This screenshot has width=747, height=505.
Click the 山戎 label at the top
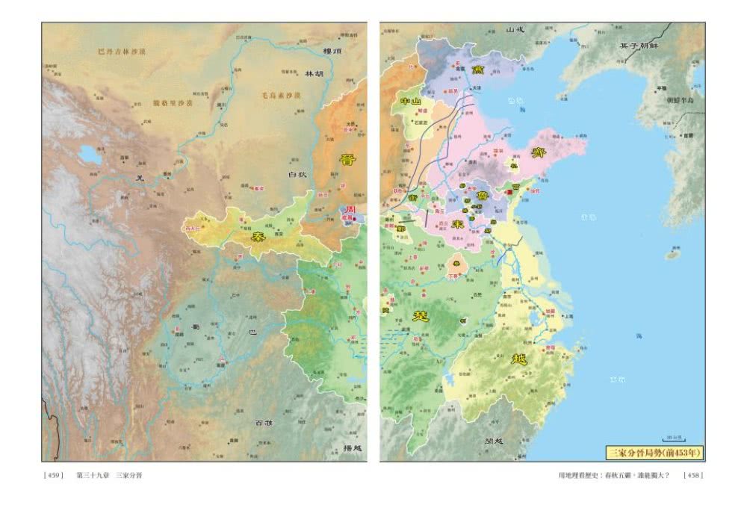tap(516, 30)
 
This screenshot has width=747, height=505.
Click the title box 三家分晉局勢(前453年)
tap(654, 453)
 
